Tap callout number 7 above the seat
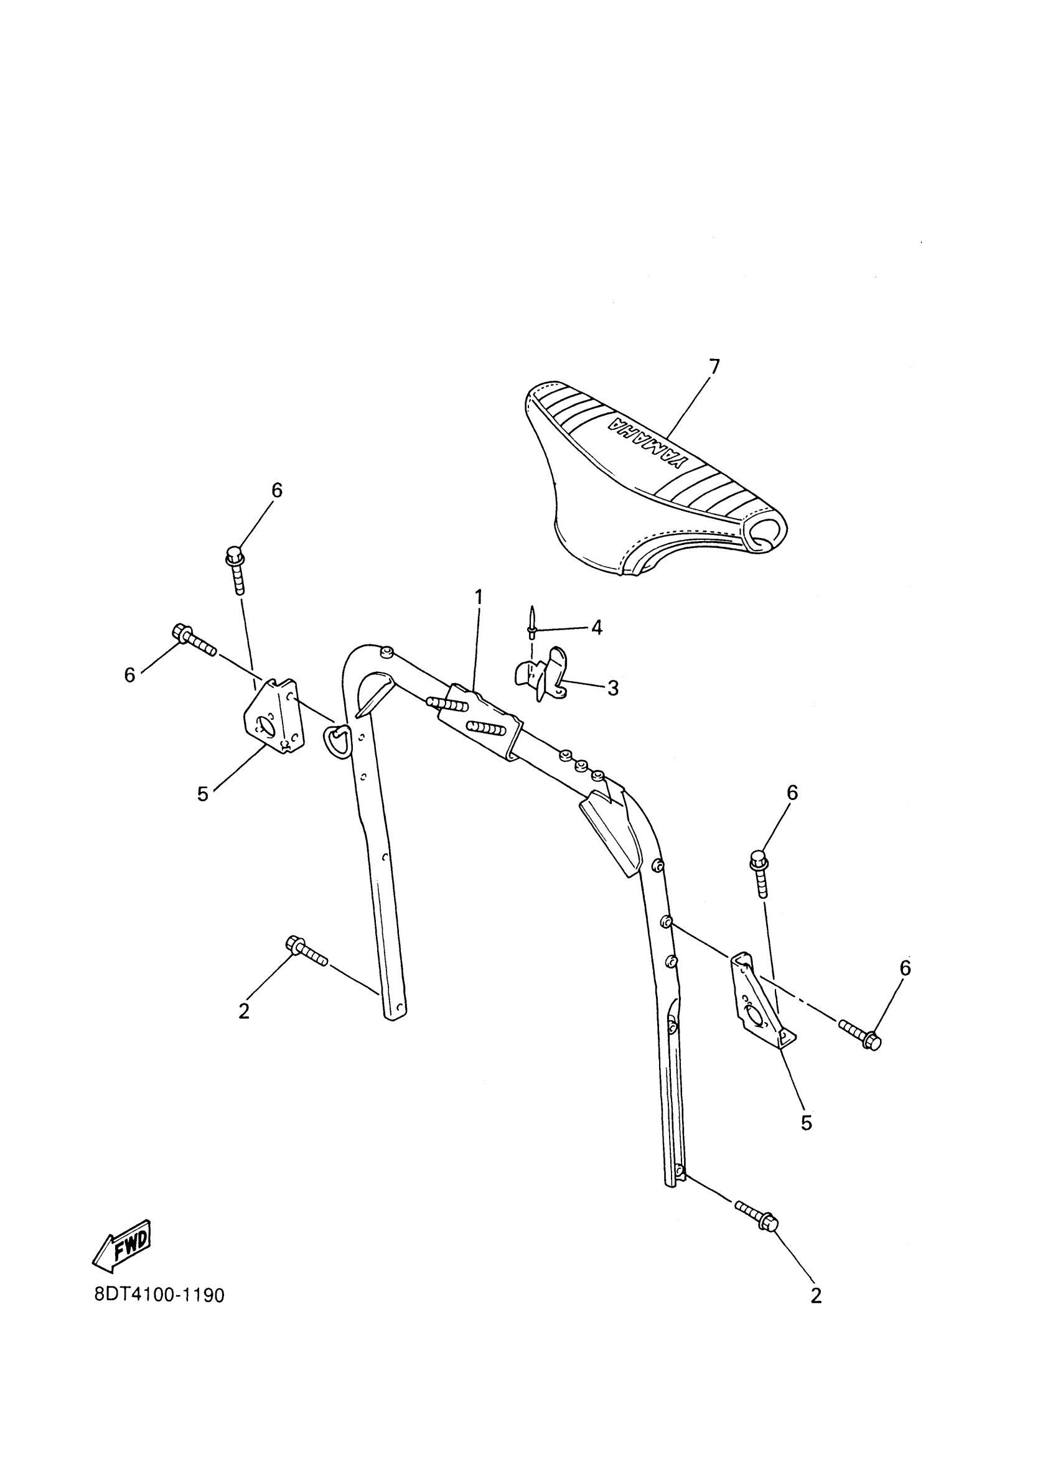click(x=713, y=367)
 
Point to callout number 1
click(x=478, y=597)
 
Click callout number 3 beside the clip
click(x=612, y=687)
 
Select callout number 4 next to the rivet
click(x=596, y=627)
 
